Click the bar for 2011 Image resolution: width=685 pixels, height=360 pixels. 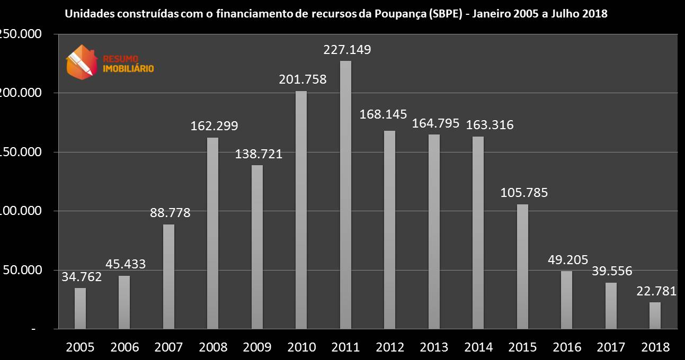pos(345,195)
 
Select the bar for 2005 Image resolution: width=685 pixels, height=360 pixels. pos(80,308)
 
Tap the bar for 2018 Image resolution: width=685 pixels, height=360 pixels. pos(655,316)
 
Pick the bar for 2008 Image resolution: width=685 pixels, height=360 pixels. pos(212,233)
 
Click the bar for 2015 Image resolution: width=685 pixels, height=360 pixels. pos(522,266)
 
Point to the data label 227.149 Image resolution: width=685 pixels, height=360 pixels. pos(347,50)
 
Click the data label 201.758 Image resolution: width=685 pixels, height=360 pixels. pos(303,80)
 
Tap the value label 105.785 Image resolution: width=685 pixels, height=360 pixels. pos(524,193)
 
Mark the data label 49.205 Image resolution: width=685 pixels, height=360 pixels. pos(567,260)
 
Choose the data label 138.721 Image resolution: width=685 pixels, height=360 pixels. pos(259,154)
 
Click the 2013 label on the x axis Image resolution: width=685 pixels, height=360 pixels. pos(434,347)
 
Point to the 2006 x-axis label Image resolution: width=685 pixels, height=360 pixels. pos(124,347)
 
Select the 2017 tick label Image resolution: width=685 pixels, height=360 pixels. pos(611,347)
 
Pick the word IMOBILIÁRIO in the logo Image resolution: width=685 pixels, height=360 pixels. pos(127,68)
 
